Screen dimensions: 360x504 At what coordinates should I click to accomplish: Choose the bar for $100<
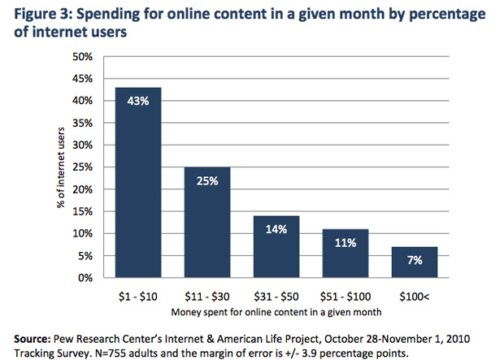(x=415, y=262)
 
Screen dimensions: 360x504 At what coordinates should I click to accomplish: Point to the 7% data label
(x=415, y=261)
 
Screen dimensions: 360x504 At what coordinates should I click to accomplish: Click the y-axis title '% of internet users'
(x=63, y=167)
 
